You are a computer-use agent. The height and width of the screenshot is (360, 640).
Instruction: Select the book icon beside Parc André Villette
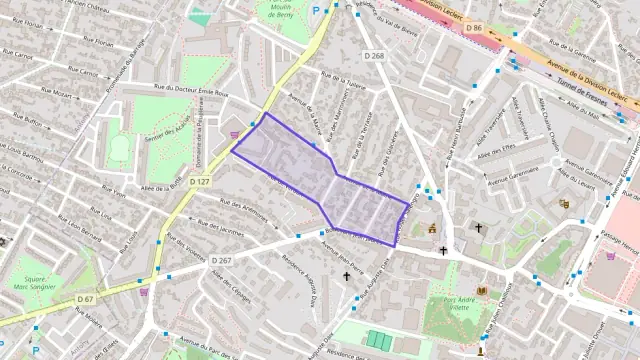tap(482, 290)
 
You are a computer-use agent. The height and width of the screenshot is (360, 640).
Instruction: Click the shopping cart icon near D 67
tap(144, 292)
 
